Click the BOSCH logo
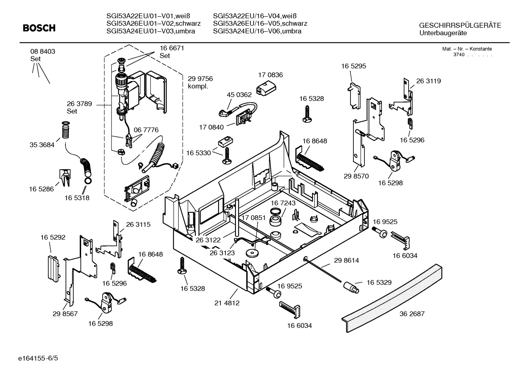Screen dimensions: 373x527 (x=39, y=28)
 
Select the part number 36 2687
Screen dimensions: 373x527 (x=412, y=314)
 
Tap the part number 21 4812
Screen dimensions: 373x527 (x=227, y=303)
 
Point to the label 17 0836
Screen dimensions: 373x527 (x=270, y=75)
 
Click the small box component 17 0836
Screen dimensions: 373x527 (x=266, y=88)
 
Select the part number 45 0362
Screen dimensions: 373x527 (x=239, y=95)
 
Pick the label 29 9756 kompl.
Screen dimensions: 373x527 (x=200, y=82)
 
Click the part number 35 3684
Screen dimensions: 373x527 (x=42, y=145)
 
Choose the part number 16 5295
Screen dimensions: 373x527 (x=353, y=66)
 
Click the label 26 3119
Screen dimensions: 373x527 (x=428, y=81)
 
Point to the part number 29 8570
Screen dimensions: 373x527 (x=356, y=176)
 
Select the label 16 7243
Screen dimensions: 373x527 (x=283, y=203)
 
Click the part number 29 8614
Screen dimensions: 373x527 (x=346, y=261)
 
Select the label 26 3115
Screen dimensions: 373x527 (x=138, y=224)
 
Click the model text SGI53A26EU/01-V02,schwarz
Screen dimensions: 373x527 (x=153, y=23)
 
